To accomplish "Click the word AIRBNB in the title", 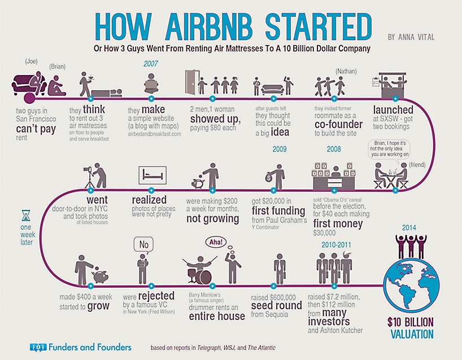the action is (x=209, y=28).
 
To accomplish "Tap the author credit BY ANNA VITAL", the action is (x=411, y=37).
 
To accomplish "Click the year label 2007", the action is (x=151, y=64).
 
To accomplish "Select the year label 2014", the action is (x=409, y=227).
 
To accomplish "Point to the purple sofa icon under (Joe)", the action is (x=29, y=84).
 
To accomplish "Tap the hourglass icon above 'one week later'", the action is (x=26, y=215).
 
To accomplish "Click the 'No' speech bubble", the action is (x=144, y=245).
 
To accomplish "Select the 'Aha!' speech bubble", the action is (x=216, y=242).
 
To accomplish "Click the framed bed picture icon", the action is (x=152, y=175).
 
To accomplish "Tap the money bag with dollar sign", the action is (x=269, y=178).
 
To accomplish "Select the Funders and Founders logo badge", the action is (x=38, y=348).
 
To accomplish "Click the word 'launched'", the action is (x=393, y=109).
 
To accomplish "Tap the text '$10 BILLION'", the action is (x=411, y=322).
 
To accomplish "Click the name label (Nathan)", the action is (x=346, y=71).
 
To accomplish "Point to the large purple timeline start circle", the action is (x=29, y=98).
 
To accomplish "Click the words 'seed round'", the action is (x=276, y=305).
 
